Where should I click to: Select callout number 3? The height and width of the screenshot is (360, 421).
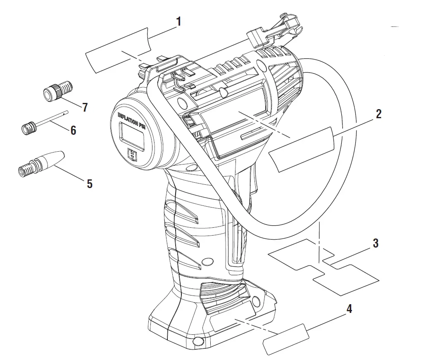tap(375, 243)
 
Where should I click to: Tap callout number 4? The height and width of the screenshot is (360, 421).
tap(349, 309)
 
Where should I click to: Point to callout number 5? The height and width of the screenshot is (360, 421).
tap(89, 184)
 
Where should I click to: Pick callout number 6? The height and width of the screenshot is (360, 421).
tap(73, 130)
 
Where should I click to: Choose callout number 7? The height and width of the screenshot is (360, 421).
tap(85, 107)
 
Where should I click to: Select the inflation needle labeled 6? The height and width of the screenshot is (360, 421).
tap(45, 121)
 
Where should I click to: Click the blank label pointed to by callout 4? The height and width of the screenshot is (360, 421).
tap(286, 339)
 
